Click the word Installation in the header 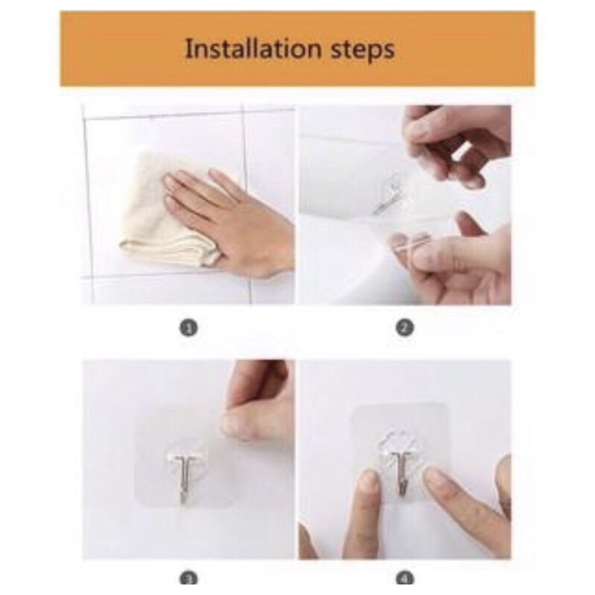point(252,49)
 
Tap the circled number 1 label point(189,328)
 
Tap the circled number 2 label point(404,328)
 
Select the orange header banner point(297,49)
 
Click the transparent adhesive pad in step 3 point(186,457)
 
